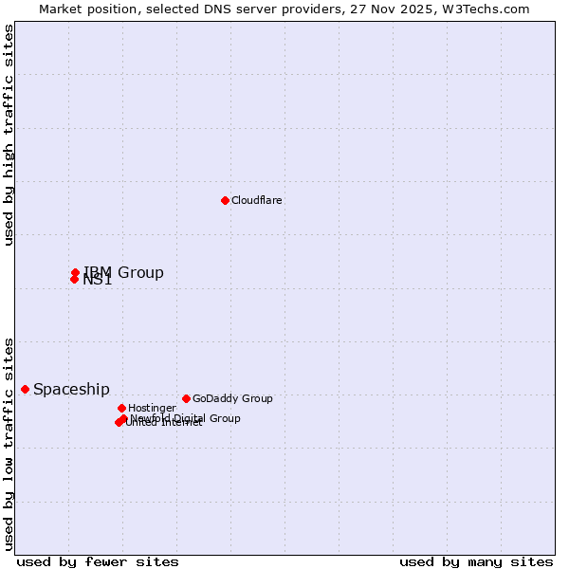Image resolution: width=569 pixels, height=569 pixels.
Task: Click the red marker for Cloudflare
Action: point(225,200)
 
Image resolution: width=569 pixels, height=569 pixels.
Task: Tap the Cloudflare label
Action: point(256,200)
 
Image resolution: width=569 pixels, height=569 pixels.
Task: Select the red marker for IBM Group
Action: point(75,272)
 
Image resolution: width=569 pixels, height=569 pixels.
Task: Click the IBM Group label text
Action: point(123,273)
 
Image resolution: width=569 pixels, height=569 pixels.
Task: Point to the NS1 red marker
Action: point(74,279)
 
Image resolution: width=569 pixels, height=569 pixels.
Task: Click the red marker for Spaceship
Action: point(25,389)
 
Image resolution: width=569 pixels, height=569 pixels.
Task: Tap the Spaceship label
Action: point(71,390)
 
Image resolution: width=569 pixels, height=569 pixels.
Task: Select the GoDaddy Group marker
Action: point(186,398)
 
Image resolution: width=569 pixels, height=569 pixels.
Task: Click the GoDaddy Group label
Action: point(232,398)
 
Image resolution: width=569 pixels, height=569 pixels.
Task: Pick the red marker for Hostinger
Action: point(121,408)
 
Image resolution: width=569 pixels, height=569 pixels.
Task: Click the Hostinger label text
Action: point(152,408)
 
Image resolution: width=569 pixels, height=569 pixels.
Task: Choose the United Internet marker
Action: point(119,422)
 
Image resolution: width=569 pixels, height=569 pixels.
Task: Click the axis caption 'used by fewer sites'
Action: point(98,561)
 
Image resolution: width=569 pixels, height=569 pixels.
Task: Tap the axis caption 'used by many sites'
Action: point(476,561)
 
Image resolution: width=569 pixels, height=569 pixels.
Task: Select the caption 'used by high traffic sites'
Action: point(9,135)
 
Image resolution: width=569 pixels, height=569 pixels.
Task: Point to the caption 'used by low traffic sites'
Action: point(9,443)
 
